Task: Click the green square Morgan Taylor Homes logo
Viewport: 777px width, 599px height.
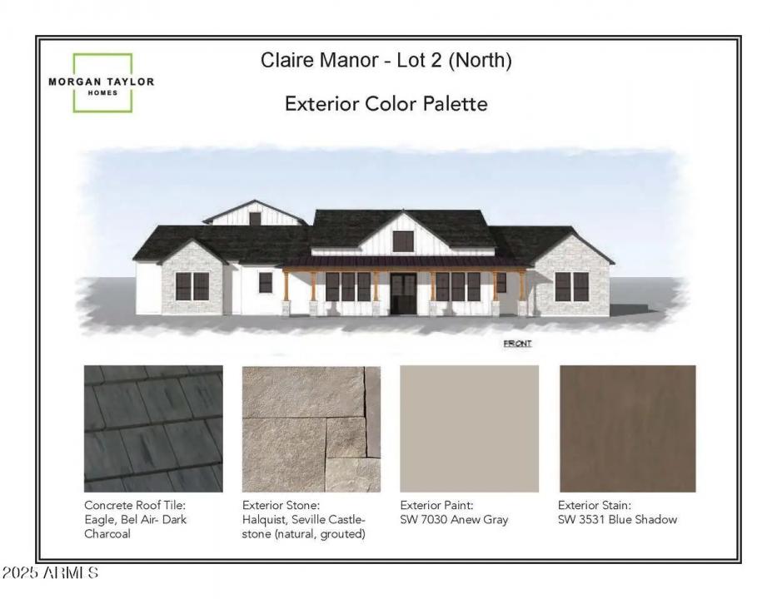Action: click(x=102, y=83)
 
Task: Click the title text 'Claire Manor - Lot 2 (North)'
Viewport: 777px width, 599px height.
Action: click(x=386, y=61)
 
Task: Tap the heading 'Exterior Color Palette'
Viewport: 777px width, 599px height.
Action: click(x=386, y=104)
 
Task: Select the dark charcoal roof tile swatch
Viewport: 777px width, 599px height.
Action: click(x=153, y=428)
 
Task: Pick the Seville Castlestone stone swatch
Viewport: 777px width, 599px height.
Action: click(x=311, y=428)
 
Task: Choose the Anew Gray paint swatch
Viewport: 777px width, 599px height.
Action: click(x=469, y=428)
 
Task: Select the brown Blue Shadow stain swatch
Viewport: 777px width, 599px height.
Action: click(x=627, y=428)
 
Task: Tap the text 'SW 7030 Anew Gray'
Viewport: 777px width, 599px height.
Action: click(x=454, y=519)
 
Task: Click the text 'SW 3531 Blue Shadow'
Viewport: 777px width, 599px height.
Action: click(x=617, y=519)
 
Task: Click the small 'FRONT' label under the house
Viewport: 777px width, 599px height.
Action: click(x=517, y=344)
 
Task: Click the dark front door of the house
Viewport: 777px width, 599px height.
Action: click(x=403, y=293)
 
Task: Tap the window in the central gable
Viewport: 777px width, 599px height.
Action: click(x=403, y=240)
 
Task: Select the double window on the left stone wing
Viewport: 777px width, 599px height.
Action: click(x=192, y=286)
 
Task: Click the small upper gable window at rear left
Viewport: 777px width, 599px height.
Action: click(x=255, y=219)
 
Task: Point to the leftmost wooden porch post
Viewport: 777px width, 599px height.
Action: click(x=286, y=286)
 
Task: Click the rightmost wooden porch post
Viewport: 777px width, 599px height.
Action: click(x=522, y=286)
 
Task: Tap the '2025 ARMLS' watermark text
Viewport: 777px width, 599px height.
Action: click(x=50, y=573)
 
